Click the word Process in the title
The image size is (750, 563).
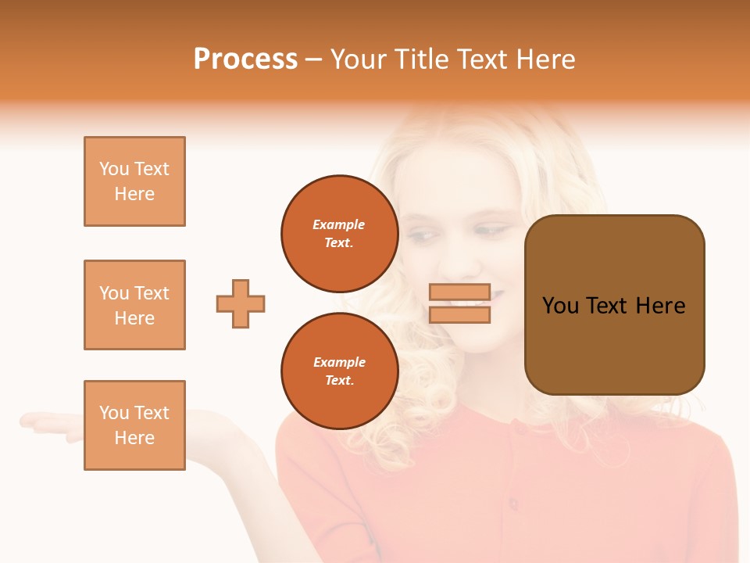coord(245,59)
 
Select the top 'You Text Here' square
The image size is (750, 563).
coord(134,181)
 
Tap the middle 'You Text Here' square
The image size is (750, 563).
coord(134,305)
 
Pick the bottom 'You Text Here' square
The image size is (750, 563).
coord(134,425)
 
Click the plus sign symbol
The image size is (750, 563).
coord(241,303)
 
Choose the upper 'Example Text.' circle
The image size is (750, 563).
coord(339,234)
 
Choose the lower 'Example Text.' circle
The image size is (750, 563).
coord(339,371)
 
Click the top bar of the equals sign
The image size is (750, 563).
coord(459,292)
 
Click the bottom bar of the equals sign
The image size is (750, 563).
coord(459,314)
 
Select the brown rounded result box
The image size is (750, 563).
coord(614,304)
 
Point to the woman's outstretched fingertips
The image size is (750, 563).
coord(28,422)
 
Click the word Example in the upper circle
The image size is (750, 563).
coord(339,224)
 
